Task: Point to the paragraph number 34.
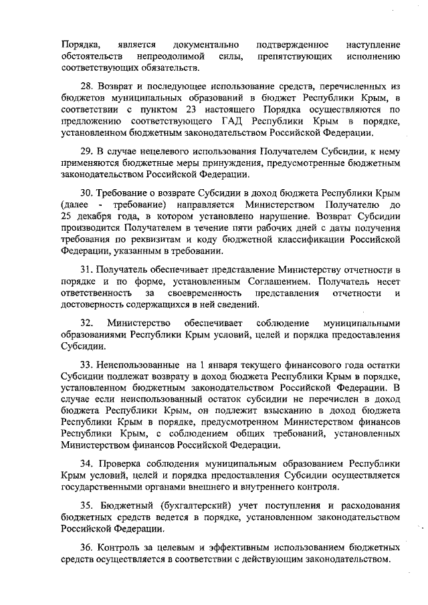pyautogui.click(x=88, y=463)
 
